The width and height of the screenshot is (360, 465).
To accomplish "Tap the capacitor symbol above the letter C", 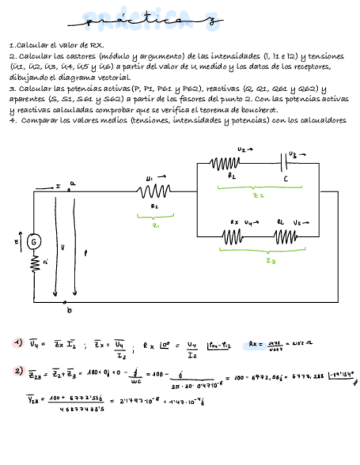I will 285,163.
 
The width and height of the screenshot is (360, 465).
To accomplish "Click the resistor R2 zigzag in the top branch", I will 225,163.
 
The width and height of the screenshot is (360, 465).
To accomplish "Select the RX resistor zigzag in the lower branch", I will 233,237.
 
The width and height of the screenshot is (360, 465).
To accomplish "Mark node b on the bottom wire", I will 65,302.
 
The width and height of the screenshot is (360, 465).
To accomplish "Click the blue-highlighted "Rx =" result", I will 257,344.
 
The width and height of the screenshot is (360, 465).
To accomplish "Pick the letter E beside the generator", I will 16,240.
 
